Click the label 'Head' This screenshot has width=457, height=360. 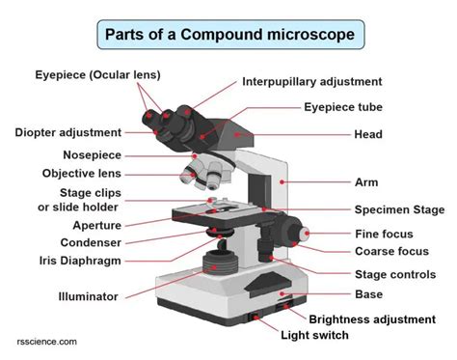point(368,134)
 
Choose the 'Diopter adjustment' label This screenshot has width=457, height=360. point(68,131)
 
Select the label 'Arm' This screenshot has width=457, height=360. point(366,180)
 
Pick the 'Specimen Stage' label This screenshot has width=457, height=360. point(398,208)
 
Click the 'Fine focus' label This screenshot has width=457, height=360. point(384,234)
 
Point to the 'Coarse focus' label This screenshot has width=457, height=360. point(390,252)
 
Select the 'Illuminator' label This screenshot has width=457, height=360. point(88,296)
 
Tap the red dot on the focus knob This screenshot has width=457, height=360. point(307,233)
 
